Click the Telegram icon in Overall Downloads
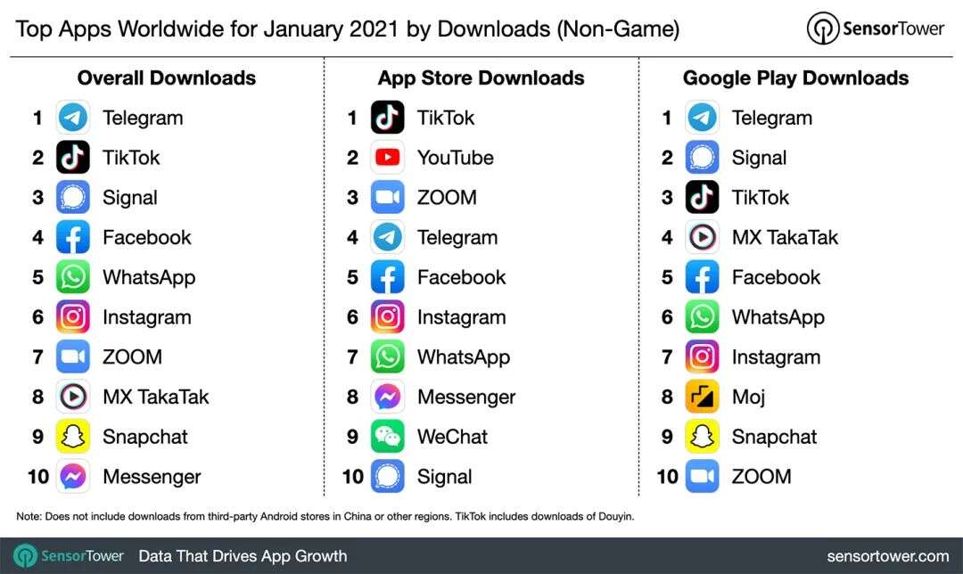[73, 118]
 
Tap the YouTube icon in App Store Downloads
[388, 158]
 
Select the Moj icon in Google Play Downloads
[703, 397]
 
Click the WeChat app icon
[388, 437]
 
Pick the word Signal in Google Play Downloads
[759, 158]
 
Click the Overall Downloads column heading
[167, 78]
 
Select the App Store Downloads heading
[481, 78]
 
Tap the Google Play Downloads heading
[795, 78]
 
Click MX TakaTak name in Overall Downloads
[156, 397]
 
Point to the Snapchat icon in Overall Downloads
[73, 437]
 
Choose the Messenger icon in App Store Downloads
[388, 397]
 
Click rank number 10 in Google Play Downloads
[667, 477]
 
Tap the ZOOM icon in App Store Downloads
[388, 198]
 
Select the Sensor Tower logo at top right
[875, 29]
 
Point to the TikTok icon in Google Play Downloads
[703, 198]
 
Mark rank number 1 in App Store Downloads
[353, 118]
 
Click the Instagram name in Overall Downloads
[147, 317]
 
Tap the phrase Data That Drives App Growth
[243, 556]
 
